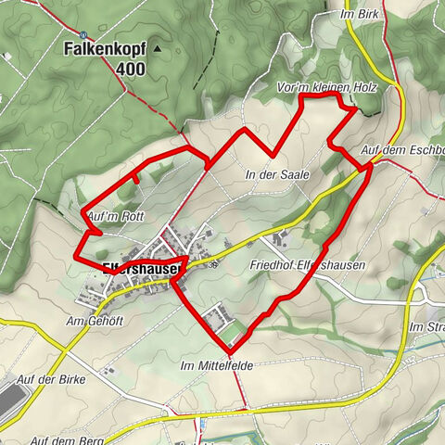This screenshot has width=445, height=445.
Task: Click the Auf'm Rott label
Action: pyautogui.click(x=115, y=216)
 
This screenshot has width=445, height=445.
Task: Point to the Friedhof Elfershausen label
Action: pyautogui.click(x=307, y=265)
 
